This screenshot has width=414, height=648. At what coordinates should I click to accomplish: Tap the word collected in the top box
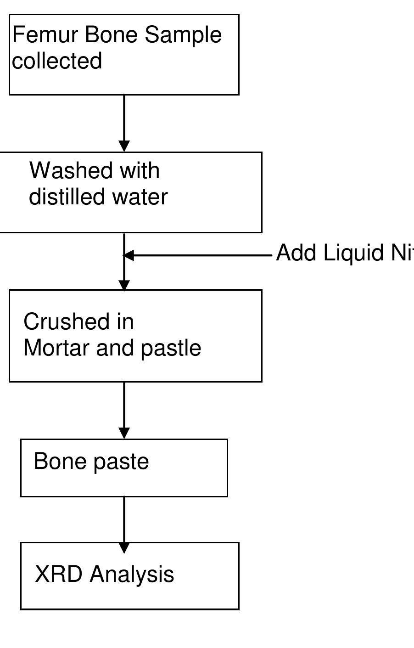click(x=57, y=61)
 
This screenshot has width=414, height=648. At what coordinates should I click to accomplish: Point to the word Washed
click(x=64, y=170)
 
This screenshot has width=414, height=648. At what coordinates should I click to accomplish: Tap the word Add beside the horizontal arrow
click(x=297, y=253)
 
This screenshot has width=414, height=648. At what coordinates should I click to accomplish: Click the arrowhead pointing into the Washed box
click(x=124, y=146)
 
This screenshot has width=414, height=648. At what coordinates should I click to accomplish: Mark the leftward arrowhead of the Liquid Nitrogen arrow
click(x=129, y=255)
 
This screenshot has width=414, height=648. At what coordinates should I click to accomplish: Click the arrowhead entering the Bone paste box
click(x=124, y=433)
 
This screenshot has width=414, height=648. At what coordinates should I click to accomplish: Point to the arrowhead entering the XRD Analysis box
click(x=124, y=547)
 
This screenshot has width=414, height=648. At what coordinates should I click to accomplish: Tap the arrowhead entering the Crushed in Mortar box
click(x=124, y=285)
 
